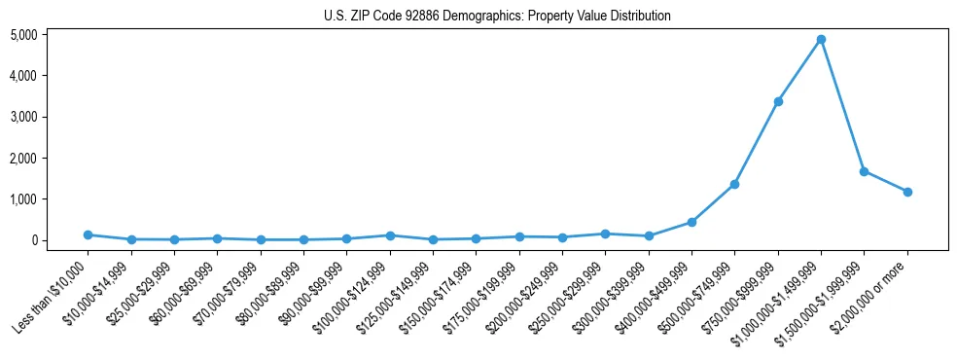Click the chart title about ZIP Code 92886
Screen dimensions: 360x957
497,17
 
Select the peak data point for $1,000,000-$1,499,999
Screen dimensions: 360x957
821,40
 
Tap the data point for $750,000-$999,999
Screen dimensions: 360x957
778,101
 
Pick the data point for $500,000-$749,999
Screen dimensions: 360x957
734,184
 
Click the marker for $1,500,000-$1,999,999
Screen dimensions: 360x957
864,171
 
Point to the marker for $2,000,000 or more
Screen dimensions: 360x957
907,192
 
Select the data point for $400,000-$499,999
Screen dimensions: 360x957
691,222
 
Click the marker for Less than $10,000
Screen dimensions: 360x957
88,234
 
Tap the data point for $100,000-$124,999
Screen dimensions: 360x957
390,235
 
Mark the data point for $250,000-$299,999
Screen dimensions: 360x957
605,234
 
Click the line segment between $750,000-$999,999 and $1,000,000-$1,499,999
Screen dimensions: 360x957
799,70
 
